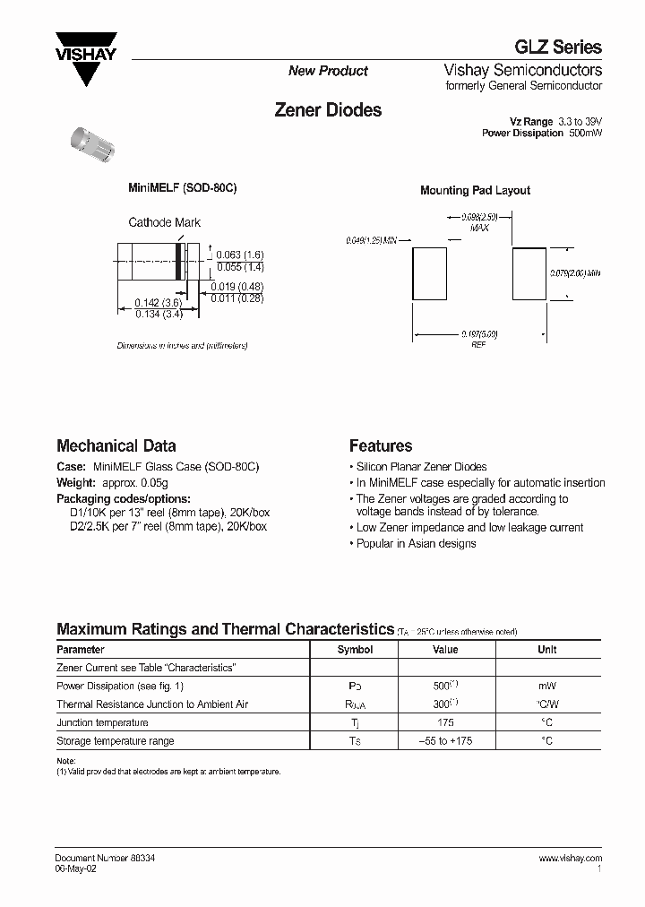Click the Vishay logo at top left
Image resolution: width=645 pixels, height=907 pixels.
86,56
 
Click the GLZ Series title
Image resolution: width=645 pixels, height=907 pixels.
563,48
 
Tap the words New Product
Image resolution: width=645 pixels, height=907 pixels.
328,71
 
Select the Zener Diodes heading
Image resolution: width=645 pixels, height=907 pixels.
327,110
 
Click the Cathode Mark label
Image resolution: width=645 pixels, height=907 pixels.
165,222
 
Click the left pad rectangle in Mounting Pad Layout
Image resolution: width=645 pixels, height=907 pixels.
428,274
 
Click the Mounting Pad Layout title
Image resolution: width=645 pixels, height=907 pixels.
475,190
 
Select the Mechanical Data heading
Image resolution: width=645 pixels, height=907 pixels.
116,445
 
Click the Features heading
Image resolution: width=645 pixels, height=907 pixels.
381,445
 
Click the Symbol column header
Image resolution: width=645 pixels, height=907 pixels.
355,650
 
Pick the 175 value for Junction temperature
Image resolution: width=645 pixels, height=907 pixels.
445,722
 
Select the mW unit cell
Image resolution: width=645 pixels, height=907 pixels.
546,686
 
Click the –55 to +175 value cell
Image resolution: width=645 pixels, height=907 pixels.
445,741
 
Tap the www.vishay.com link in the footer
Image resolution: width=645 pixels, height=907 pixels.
570,858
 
